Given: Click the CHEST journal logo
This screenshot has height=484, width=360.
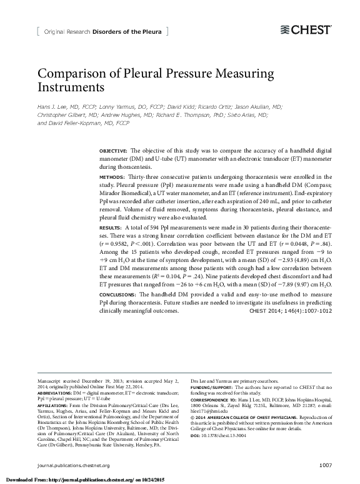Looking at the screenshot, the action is point(306,29).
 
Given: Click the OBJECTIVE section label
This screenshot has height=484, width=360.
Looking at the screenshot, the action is point(113,152).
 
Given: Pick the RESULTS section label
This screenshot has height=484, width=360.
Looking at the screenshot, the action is point(111,226).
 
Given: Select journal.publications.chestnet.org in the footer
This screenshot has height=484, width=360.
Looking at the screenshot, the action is point(73,465).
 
